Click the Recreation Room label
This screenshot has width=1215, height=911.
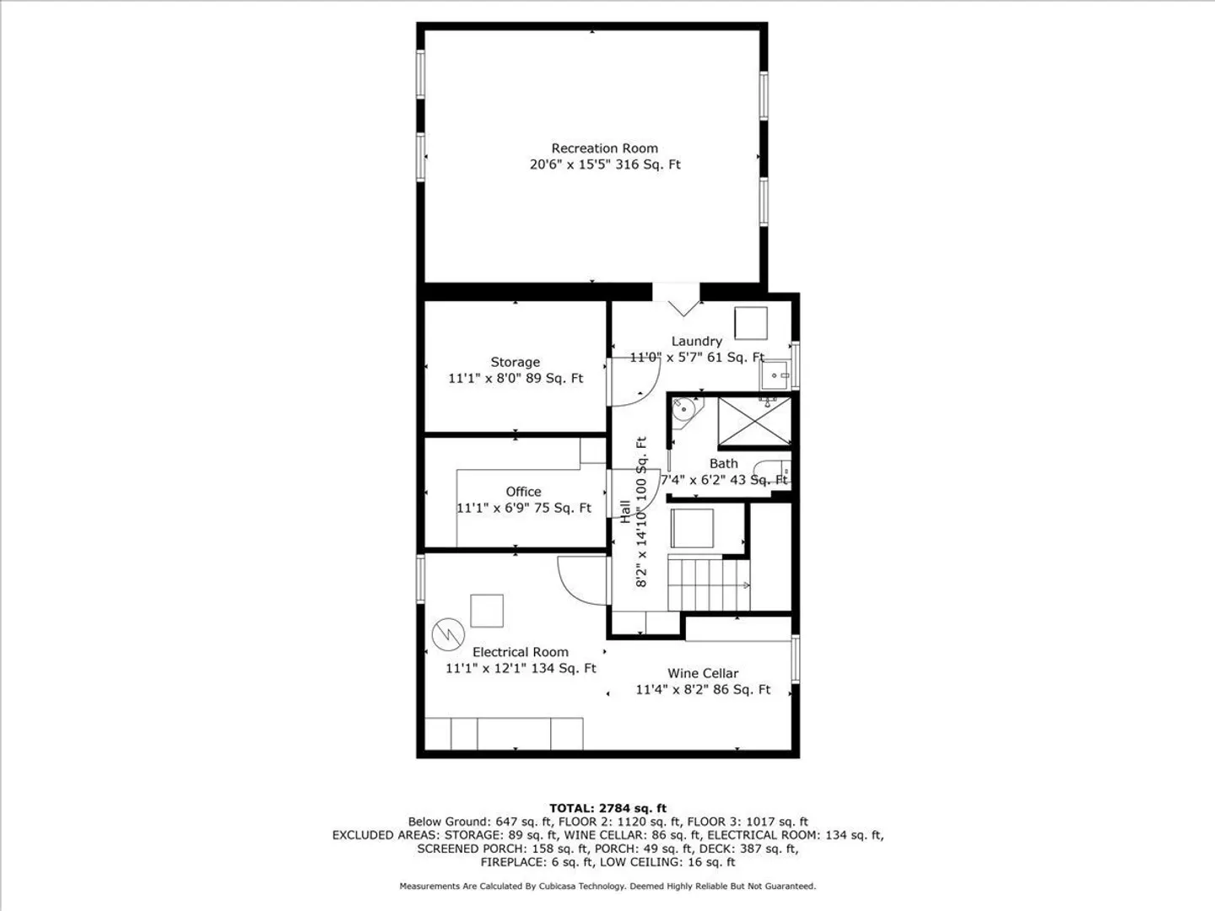(604, 148)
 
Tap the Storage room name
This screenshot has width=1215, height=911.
(515, 363)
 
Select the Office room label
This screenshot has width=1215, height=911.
(523, 492)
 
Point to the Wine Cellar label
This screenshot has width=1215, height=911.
(703, 673)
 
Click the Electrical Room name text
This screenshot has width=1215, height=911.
(521, 652)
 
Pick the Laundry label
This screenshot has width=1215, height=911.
(696, 342)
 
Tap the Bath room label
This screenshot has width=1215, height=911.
(723, 464)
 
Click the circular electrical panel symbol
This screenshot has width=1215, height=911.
(448, 634)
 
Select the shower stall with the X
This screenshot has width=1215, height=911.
(754, 421)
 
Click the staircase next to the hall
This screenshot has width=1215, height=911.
(709, 584)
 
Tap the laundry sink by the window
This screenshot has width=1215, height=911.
(776, 375)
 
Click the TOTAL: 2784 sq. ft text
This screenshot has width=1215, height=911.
(607, 808)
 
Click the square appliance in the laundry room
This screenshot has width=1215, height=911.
(751, 323)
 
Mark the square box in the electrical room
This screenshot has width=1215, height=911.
(487, 611)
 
